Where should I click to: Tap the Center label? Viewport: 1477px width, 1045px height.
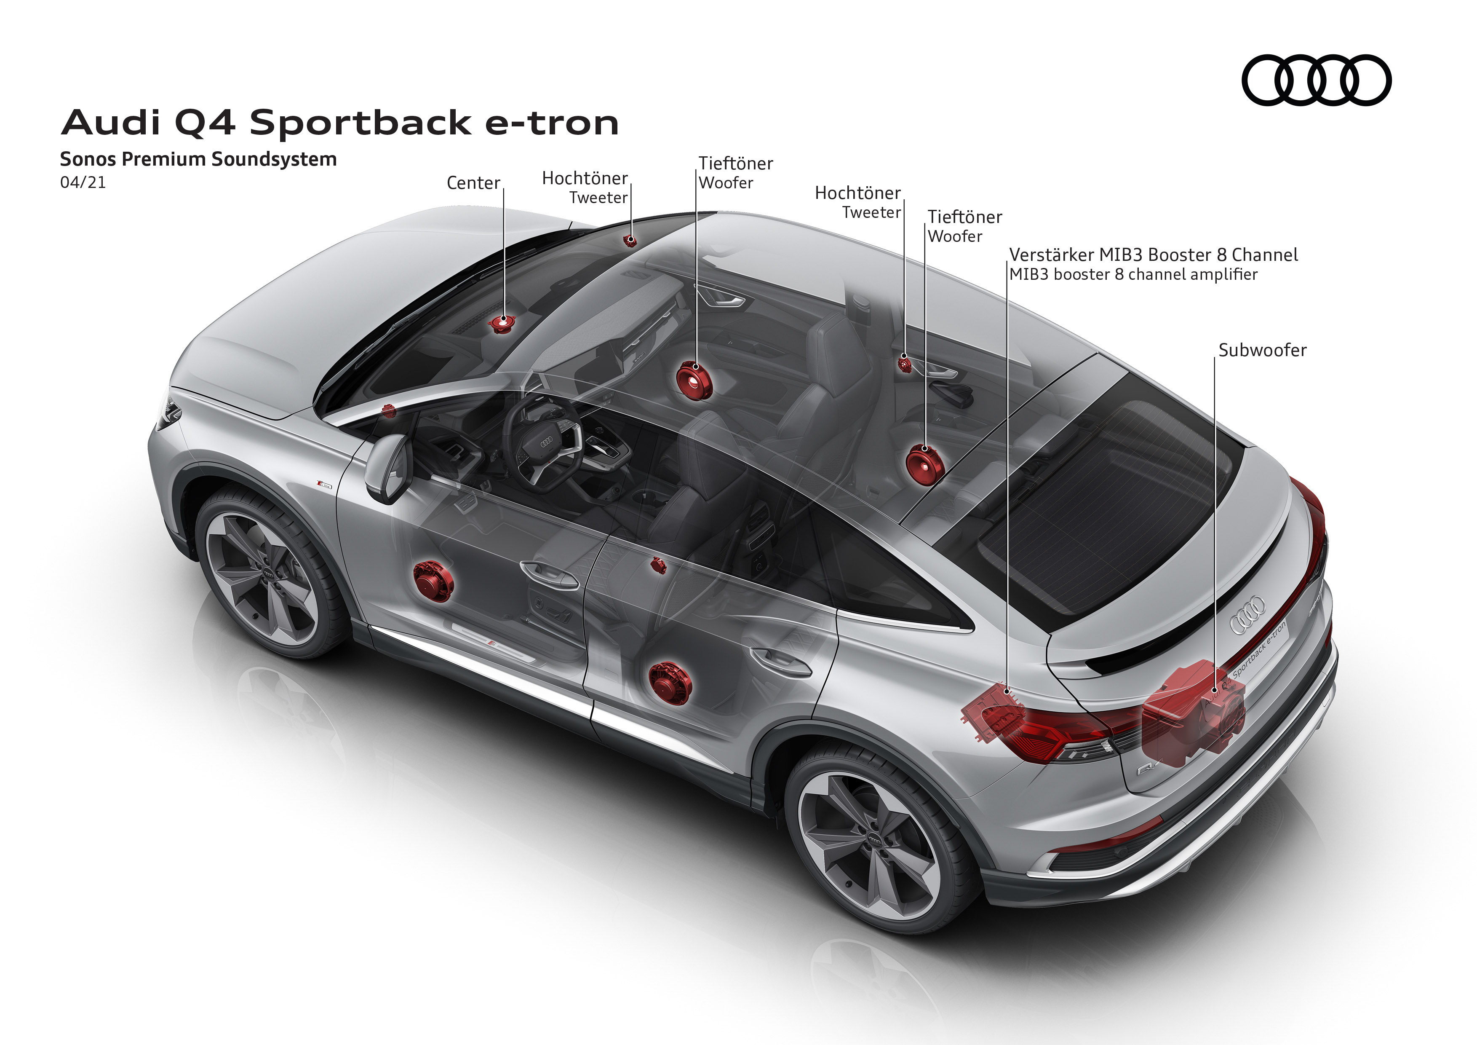473,183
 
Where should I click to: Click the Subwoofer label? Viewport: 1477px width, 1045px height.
1262,351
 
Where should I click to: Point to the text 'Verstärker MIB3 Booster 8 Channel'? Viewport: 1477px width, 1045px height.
1153,255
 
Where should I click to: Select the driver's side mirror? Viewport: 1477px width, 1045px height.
387,466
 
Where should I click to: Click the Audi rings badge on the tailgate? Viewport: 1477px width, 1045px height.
1247,614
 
